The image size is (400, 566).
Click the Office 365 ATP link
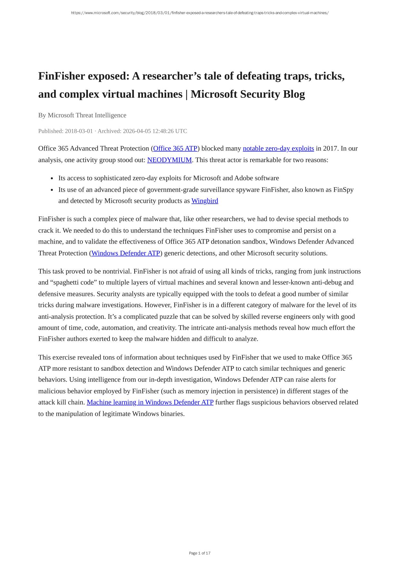175,148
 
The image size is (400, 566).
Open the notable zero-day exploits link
278,148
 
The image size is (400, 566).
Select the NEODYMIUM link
169,160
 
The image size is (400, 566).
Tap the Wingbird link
205,201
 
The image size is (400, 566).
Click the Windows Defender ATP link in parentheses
126,253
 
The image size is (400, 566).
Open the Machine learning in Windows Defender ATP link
150,402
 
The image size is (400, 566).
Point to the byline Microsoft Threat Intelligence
87,115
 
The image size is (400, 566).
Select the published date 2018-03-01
79,131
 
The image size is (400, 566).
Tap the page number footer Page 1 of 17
200,553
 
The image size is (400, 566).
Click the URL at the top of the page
200,13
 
